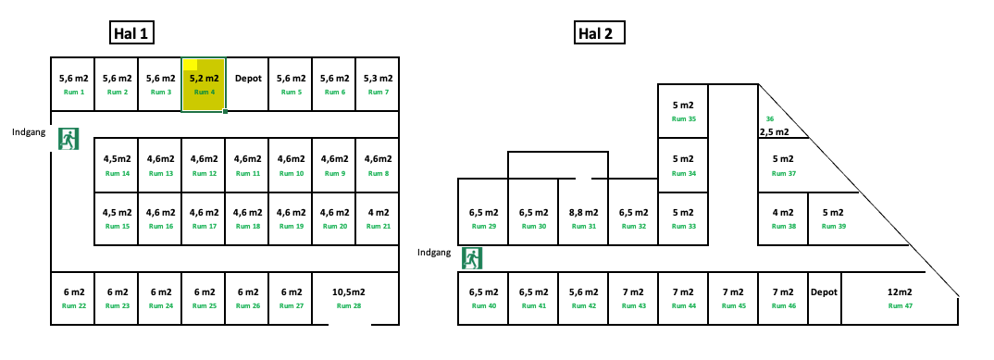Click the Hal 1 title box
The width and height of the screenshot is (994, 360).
130,34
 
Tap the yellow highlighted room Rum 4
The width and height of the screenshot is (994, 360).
203,84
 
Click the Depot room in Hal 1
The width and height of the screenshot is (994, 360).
248,84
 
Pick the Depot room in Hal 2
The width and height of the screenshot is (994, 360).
824,298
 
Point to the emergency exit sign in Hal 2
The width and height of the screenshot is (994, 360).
472,257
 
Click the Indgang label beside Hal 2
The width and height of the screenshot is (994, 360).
434,252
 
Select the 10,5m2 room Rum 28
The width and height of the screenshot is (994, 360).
348,298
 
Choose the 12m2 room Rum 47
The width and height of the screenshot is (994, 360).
900,298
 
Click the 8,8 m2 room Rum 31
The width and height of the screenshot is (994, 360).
583,218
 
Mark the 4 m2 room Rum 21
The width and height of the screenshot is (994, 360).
379,218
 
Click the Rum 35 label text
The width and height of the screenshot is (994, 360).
683,118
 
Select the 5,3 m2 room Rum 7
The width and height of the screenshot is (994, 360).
378,84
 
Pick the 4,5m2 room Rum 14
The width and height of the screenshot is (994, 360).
116,165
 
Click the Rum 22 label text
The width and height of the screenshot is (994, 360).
73,306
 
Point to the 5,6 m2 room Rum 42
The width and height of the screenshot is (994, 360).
583,298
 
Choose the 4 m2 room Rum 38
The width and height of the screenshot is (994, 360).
783,218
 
